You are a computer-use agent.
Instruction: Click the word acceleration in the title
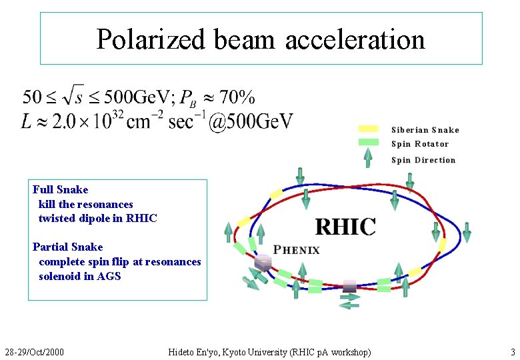pyautogui.click(x=355, y=39)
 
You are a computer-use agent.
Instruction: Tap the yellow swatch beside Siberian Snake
pyautogui.click(x=369, y=129)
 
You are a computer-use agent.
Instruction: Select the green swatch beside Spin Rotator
pyautogui.click(x=369, y=143)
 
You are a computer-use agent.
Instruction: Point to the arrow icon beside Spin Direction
pyautogui.click(x=368, y=159)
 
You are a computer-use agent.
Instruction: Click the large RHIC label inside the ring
pyautogui.click(x=345, y=226)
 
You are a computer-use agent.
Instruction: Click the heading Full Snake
pyautogui.click(x=61, y=189)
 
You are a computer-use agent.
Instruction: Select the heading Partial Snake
pyautogui.click(x=68, y=247)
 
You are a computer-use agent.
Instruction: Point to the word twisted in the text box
pyautogui.click(x=57, y=218)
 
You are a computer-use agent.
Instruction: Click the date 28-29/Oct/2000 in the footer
pyautogui.click(x=35, y=351)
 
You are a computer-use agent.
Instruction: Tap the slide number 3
pyautogui.click(x=513, y=351)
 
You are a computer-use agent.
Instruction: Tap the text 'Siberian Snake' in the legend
pyautogui.click(x=425, y=130)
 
